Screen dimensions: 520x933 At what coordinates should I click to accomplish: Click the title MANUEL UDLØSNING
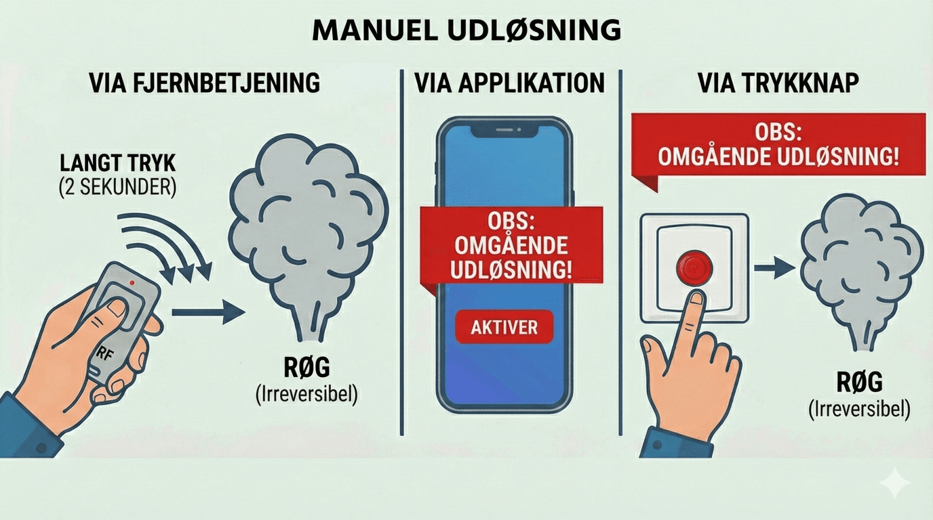[x=466, y=30]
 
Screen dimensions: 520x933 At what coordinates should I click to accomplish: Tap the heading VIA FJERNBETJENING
[x=204, y=83]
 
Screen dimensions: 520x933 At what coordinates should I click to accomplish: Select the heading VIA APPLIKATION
[x=509, y=83]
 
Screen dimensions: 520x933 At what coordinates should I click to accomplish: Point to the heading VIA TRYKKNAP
[x=778, y=83]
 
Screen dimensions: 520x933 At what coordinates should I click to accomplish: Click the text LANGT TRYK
[x=118, y=164]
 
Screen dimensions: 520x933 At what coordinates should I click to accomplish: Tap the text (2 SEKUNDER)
[x=118, y=187]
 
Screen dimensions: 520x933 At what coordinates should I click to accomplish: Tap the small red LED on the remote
[x=134, y=282]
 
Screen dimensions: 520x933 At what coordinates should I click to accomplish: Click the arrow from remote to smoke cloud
[x=207, y=312]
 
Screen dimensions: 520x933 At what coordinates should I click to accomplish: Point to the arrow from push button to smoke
[x=774, y=268]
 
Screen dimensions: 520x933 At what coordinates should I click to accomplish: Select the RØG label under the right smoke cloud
[x=859, y=383]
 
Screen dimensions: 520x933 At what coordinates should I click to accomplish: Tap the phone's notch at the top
[x=501, y=129]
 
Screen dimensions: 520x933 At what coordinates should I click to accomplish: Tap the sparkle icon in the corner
[x=894, y=483]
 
